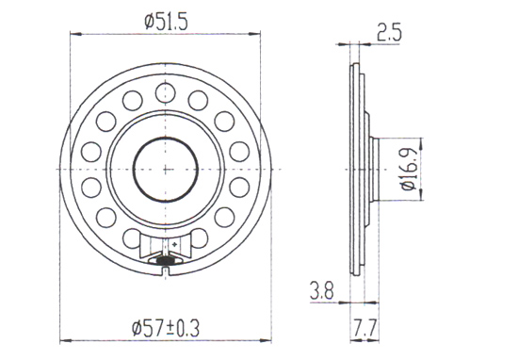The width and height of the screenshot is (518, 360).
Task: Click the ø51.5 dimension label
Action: (x=166, y=23)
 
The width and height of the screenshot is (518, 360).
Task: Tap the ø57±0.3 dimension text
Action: (x=166, y=329)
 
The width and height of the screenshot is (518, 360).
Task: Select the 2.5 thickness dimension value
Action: (x=389, y=33)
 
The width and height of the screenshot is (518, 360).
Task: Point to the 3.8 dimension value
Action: (x=322, y=290)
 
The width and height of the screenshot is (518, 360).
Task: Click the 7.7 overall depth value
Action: (x=364, y=329)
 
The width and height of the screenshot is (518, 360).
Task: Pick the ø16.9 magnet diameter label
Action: (x=409, y=169)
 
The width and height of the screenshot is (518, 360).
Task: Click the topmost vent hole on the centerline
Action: (x=165, y=93)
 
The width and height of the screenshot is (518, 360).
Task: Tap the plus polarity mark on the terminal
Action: (x=175, y=244)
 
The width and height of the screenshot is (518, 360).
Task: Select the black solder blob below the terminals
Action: (x=165, y=261)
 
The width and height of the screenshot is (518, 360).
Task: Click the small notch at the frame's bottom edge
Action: (x=166, y=271)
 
